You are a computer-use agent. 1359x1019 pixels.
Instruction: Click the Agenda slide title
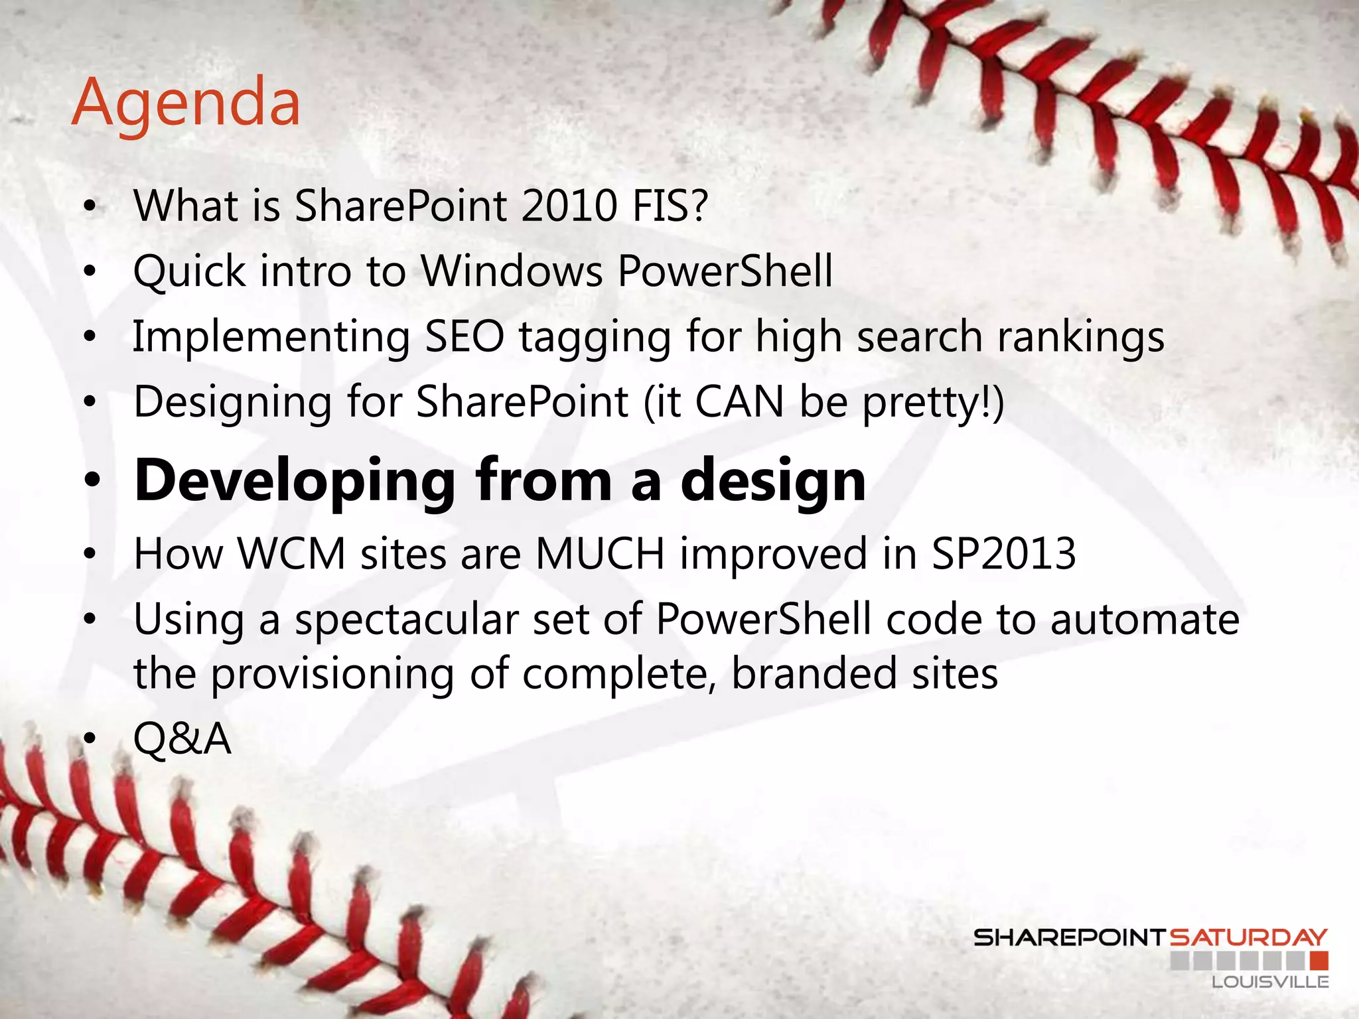pos(186,103)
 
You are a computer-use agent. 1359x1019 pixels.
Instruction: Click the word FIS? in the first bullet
pos(670,206)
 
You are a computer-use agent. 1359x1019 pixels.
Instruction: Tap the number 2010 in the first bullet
pos(569,206)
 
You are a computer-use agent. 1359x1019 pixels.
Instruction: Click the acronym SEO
pos(465,336)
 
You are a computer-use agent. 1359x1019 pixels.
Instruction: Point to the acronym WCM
pos(292,553)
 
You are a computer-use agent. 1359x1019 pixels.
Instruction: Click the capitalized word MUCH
pos(600,553)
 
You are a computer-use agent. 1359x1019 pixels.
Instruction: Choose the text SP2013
pos(1003,553)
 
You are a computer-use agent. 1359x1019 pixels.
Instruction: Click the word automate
pos(1145,620)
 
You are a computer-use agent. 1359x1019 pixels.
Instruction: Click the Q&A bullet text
pos(182,739)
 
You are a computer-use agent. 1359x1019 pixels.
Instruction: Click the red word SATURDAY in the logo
pos(1248,938)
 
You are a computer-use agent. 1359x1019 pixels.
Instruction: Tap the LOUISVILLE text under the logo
pos(1270,982)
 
